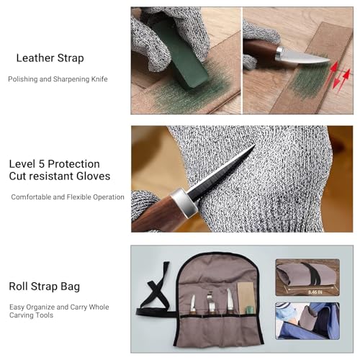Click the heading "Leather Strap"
[x=50, y=58]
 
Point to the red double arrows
[x=341, y=76]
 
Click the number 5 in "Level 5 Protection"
[x=41, y=164]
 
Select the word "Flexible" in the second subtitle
[x=79, y=197]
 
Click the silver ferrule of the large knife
[x=184, y=201]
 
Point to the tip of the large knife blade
[x=255, y=144]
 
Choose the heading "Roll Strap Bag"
[x=45, y=287]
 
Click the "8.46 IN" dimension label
[x=315, y=292]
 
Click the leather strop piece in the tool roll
[x=246, y=297]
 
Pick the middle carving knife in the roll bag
[x=211, y=303]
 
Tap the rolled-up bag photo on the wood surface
[x=307, y=277]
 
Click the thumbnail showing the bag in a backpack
[x=307, y=321]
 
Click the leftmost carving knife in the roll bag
[x=192, y=305]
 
